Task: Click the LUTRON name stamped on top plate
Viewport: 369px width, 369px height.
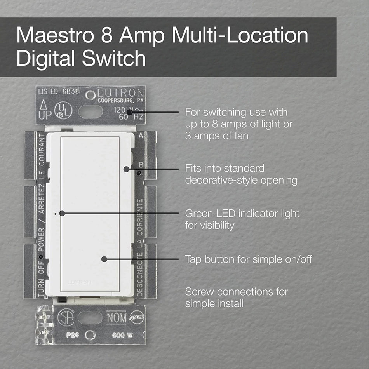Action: coord(120,94)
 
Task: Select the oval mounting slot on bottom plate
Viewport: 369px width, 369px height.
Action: coord(90,317)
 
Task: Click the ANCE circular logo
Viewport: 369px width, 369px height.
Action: coord(137,317)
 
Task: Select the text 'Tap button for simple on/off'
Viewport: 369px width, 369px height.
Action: coord(248,259)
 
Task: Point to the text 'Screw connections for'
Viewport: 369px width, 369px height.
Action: coord(237,292)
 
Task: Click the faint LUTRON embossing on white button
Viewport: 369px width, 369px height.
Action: coord(80,282)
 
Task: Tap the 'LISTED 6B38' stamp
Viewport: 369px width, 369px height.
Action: coord(53,92)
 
